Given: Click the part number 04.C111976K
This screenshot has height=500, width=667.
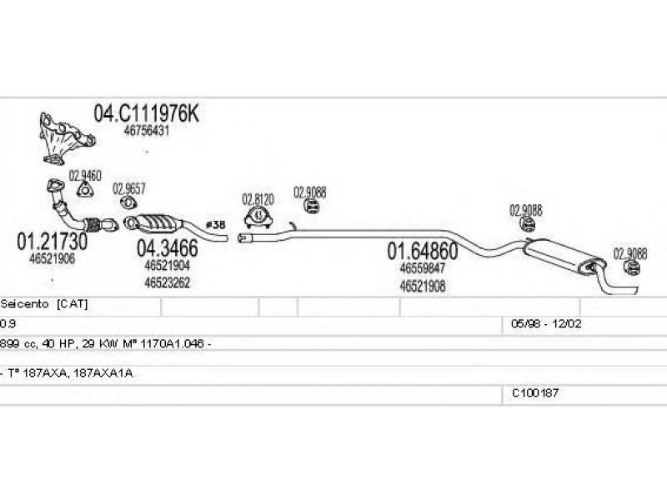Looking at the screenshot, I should [x=146, y=114].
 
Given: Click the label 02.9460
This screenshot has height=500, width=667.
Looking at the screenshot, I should [x=85, y=176].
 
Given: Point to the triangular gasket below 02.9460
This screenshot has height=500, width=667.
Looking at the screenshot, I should [x=85, y=191].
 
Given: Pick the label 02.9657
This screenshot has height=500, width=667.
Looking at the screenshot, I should [x=129, y=188].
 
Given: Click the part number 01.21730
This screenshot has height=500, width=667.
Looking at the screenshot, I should [x=52, y=242].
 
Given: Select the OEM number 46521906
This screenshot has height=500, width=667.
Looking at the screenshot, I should [x=52, y=258].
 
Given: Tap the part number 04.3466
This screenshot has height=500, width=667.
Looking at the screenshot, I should [x=167, y=247].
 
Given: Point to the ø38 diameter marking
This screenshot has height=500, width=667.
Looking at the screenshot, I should [x=215, y=225].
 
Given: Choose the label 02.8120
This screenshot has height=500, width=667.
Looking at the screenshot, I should [x=258, y=200].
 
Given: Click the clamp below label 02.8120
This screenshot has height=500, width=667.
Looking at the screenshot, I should [x=258, y=217].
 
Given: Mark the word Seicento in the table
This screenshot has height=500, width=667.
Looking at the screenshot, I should [x=25, y=305].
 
